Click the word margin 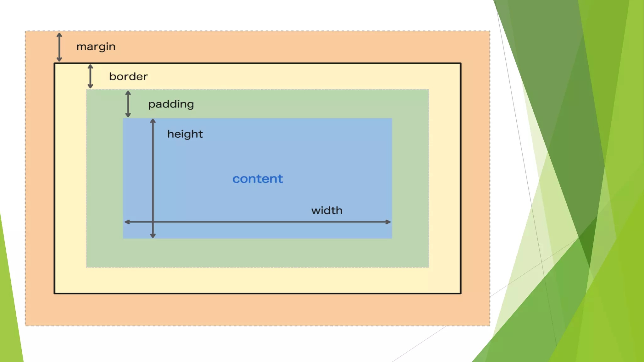click(x=96, y=47)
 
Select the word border click(x=128, y=76)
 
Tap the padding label click(x=171, y=104)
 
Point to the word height click(x=185, y=134)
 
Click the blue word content click(x=258, y=179)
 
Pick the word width click(x=327, y=210)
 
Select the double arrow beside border click(x=90, y=76)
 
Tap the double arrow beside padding click(x=128, y=104)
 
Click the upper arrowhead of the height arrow click(x=153, y=121)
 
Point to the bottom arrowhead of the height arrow click(x=153, y=236)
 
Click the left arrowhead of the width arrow click(x=127, y=222)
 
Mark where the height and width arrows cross click(x=153, y=222)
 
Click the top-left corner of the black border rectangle click(x=55, y=63)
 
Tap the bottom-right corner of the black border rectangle click(x=461, y=293)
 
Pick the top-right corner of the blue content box click(x=392, y=118)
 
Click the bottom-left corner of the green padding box click(x=86, y=267)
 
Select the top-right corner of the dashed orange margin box click(x=490, y=31)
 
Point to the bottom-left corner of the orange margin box click(x=25, y=326)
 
